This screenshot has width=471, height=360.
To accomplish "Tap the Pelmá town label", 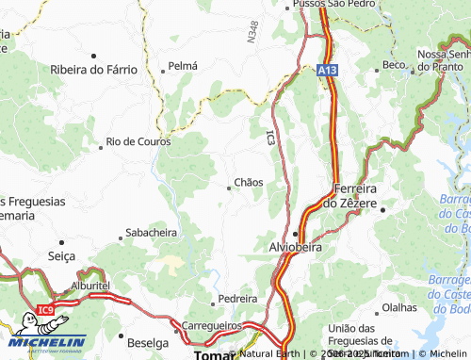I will [182, 67].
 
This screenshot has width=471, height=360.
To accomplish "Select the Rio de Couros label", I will [138, 141].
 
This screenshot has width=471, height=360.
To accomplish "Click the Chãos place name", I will [248, 181].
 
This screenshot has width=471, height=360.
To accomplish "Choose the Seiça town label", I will [60, 255].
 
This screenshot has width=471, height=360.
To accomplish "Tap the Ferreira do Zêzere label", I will [356, 195].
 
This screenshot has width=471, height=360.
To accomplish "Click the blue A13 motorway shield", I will [327, 70].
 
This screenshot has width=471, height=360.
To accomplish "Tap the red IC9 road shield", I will [46, 309].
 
